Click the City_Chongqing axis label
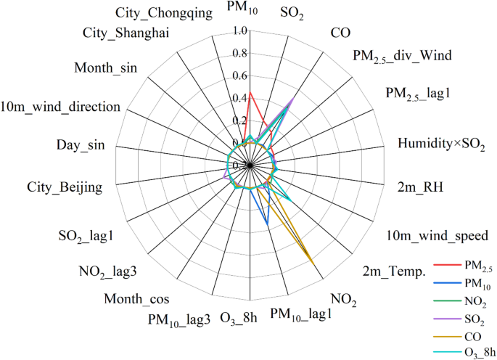pos(164,12)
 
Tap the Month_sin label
pos(110,68)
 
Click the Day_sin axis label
pos(81,146)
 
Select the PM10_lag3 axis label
pos(179,319)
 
